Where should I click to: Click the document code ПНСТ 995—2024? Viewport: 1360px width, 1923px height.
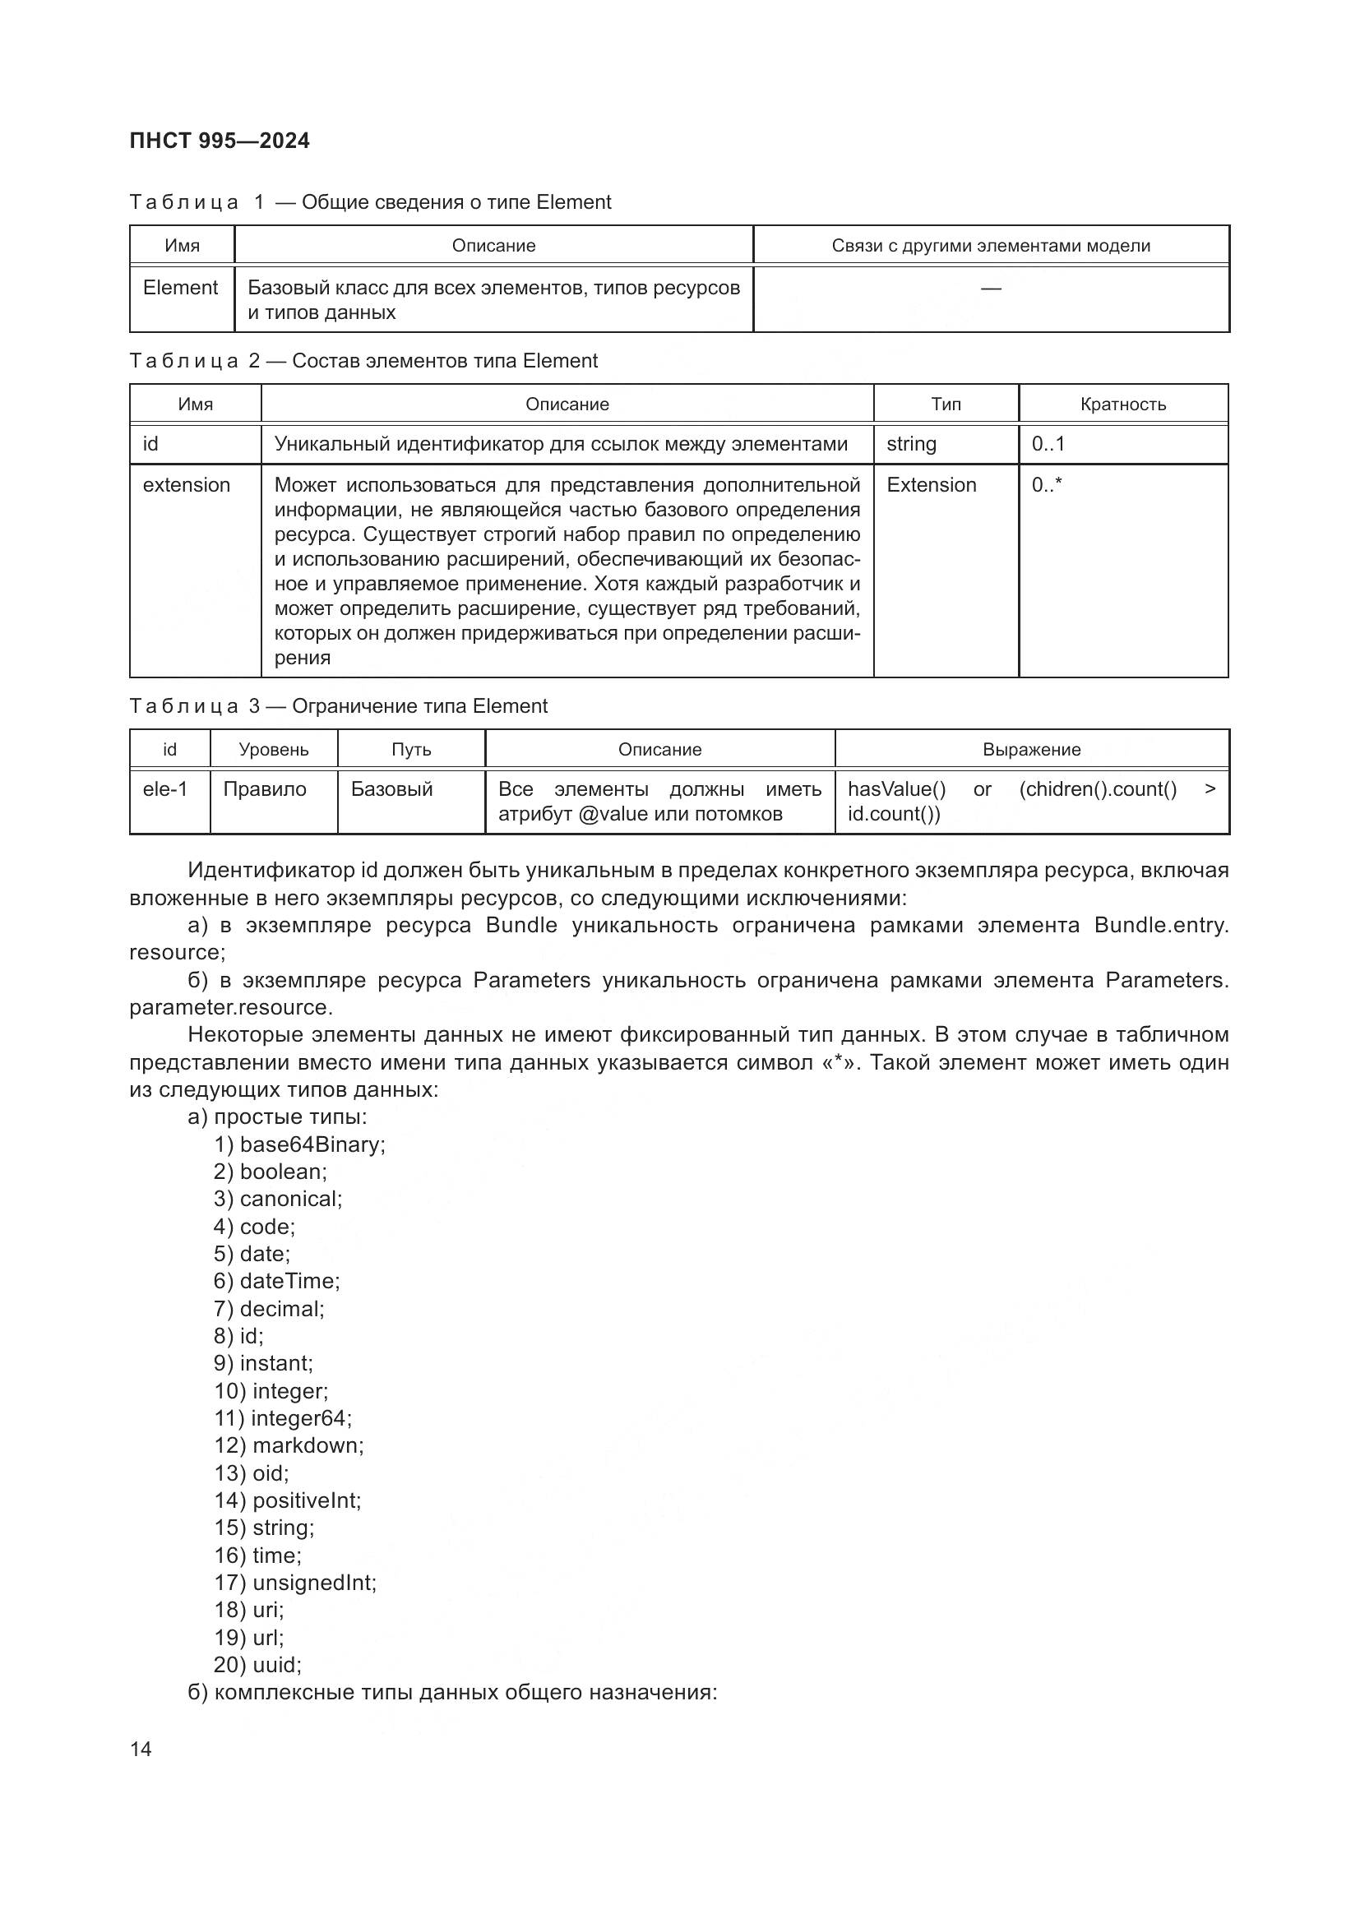click(x=220, y=141)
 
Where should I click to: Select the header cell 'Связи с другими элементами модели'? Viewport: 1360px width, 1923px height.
click(x=991, y=245)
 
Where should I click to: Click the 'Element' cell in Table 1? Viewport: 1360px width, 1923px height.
click(x=180, y=288)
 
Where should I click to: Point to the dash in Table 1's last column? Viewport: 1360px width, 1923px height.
click(x=991, y=288)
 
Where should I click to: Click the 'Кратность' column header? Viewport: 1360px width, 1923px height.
click(x=1122, y=404)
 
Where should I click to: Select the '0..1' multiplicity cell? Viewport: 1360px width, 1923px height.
click(x=1048, y=444)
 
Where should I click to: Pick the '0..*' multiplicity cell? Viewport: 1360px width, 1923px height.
click(x=1046, y=485)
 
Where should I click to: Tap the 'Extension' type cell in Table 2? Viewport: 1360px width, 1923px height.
click(x=932, y=485)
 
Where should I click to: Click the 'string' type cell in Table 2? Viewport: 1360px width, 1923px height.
click(x=911, y=444)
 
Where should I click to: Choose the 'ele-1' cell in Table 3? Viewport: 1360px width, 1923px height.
click(x=165, y=789)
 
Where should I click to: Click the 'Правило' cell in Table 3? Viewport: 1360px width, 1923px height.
click(x=265, y=789)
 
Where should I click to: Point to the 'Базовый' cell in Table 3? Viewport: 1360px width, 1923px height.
click(x=391, y=789)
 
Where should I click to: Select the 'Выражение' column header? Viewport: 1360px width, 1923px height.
click(x=1031, y=750)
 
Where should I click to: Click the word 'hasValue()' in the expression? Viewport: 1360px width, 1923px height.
click(x=896, y=789)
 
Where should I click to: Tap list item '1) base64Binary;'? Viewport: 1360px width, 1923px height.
click(x=299, y=1145)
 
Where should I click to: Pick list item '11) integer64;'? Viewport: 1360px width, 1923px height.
click(x=283, y=1418)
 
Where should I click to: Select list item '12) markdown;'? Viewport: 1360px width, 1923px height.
click(x=289, y=1445)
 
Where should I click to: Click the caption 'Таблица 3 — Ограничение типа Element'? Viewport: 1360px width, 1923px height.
click(x=338, y=706)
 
